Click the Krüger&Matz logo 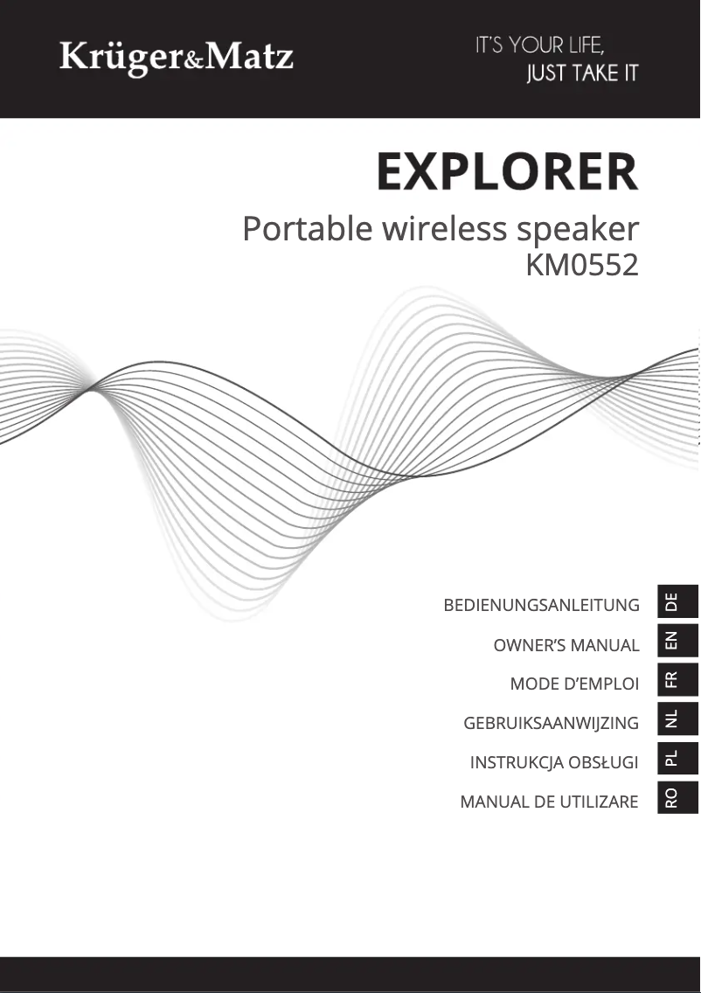click(176, 58)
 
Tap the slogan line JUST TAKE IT click(583, 73)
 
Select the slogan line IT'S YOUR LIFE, click(540, 45)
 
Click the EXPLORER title click(507, 171)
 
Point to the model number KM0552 click(582, 266)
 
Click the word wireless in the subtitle click(445, 228)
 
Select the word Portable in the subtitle click(308, 228)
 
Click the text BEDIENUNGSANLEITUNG click(541, 605)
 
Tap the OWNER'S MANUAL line click(566, 645)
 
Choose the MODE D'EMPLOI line click(574, 684)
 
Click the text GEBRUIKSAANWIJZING click(551, 723)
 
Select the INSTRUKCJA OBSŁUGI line click(554, 762)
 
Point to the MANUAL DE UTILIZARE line click(549, 802)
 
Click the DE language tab click(677, 601)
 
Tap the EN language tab click(677, 640)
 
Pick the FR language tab click(677, 679)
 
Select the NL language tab click(677, 719)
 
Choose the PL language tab click(677, 758)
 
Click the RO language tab click(677, 797)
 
